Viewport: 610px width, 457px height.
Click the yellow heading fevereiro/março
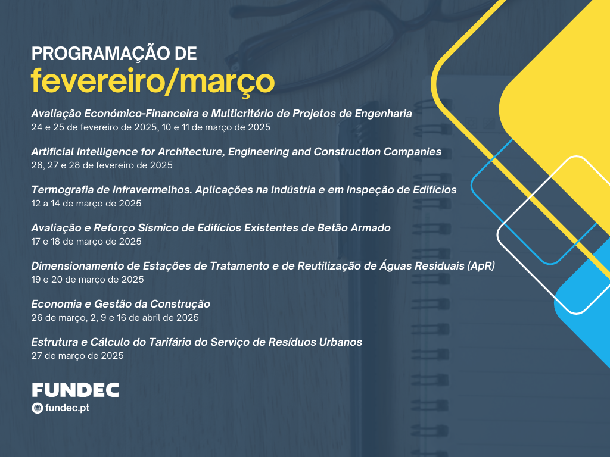(153, 81)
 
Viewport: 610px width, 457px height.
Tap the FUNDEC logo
(76, 390)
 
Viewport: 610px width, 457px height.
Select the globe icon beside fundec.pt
(38, 408)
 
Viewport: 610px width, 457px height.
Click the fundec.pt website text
(67, 408)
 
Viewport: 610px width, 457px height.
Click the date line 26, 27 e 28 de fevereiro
(102, 165)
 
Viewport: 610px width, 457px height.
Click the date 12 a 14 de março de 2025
(86, 204)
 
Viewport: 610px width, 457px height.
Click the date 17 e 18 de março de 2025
(86, 242)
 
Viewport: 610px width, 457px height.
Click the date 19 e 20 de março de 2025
(88, 280)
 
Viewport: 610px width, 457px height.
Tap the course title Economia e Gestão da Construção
(121, 304)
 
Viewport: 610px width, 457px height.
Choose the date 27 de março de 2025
(77, 356)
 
